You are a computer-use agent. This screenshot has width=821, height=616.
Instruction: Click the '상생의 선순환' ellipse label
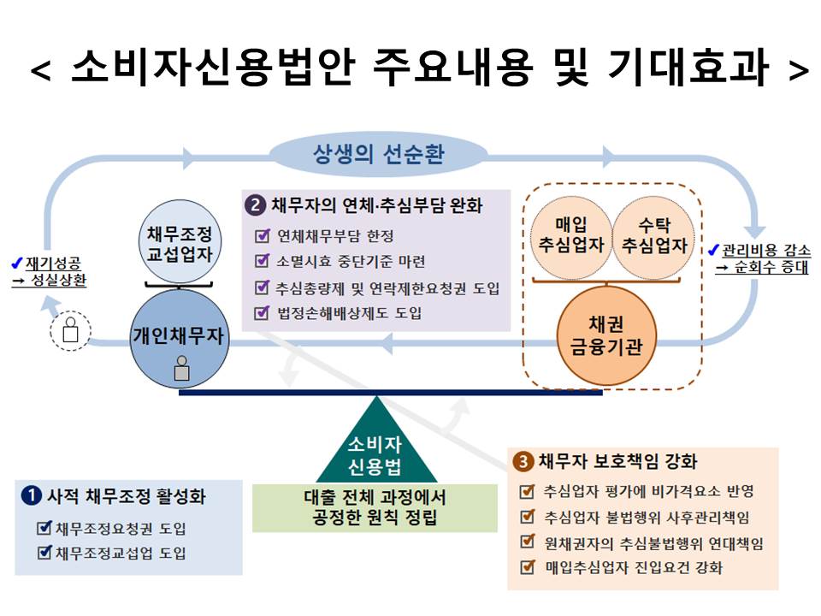(x=378, y=154)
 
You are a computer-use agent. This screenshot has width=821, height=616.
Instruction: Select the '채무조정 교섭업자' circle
(x=180, y=242)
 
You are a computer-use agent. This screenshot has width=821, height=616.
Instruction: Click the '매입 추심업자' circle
(x=571, y=238)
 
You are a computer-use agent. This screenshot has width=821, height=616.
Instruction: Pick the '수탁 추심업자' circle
(x=653, y=238)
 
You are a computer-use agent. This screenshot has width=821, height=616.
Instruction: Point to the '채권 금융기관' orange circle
(x=606, y=335)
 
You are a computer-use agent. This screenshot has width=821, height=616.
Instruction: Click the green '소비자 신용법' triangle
(x=376, y=441)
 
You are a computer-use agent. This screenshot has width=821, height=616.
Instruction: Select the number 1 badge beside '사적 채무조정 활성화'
(x=32, y=495)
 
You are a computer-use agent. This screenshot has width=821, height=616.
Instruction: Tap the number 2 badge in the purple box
(x=255, y=204)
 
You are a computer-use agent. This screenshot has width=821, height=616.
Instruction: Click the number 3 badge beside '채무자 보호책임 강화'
(x=523, y=461)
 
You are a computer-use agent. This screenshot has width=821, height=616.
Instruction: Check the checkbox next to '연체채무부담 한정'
(x=262, y=236)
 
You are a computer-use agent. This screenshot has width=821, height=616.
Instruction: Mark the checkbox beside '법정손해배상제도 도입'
(x=262, y=313)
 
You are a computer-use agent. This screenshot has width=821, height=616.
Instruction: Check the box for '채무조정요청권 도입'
(x=45, y=528)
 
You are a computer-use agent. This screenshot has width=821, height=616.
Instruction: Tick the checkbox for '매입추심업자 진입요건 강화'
(x=528, y=566)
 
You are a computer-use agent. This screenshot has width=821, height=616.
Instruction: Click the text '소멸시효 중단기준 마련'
(x=351, y=262)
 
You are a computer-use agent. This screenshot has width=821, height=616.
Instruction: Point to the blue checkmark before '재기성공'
(x=17, y=263)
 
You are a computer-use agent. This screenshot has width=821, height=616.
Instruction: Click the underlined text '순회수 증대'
(x=771, y=267)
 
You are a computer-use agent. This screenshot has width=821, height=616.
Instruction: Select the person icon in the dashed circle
(x=71, y=329)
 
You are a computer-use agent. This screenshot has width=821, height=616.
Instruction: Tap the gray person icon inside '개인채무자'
(x=181, y=368)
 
